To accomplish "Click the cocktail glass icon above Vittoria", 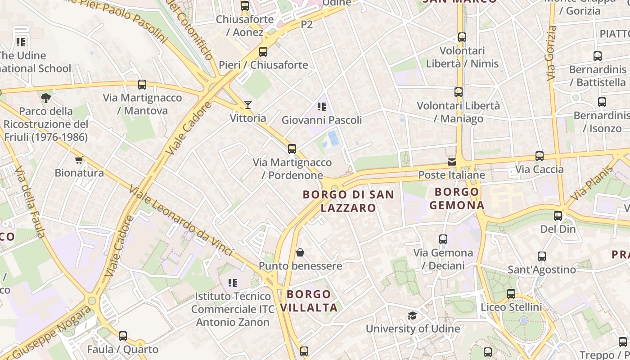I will coord(247,105).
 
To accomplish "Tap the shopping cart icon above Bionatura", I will coord(79,160).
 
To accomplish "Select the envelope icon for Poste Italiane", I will coord(451,162).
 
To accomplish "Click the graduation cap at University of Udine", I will coord(412,315).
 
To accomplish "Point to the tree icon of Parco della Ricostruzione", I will coord(45,98).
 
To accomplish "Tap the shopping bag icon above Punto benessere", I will coord(300,252).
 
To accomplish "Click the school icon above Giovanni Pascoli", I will coord(321,107).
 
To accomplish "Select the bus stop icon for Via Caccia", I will coord(539,156).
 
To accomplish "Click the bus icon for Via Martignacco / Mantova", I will coord(142,85).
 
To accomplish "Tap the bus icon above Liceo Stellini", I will coord(511,294).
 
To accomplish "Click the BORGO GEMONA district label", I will coord(457,199).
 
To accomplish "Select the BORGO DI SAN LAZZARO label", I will coord(348,201).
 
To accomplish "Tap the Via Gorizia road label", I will coord(550,53).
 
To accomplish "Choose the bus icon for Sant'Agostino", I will coord(542,256).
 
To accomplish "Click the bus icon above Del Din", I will coord(558,216).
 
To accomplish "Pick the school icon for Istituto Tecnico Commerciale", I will coord(232,283).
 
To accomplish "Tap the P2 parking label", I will coord(306,25).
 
